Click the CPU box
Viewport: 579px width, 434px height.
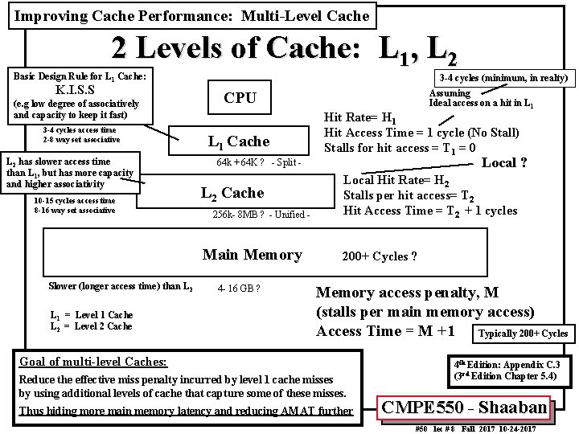click(x=240, y=98)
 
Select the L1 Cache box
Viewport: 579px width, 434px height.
click(x=239, y=142)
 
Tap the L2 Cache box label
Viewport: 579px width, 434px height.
click(x=232, y=193)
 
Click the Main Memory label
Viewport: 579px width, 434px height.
click(x=252, y=255)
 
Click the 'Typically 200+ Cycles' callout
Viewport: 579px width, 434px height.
click(x=523, y=334)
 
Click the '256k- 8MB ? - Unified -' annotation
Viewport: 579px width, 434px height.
click(x=261, y=215)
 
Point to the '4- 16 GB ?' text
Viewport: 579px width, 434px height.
click(x=239, y=288)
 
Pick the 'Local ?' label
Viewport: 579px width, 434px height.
click(x=504, y=162)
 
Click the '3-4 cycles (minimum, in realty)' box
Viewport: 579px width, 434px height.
click(x=503, y=78)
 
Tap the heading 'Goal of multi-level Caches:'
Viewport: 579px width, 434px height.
click(x=92, y=362)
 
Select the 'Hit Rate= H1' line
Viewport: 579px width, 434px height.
click(x=359, y=117)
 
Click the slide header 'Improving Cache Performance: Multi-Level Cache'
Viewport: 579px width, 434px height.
click(x=192, y=15)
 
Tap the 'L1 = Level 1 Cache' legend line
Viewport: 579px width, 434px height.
click(x=91, y=314)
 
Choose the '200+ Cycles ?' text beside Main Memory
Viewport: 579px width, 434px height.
click(x=379, y=256)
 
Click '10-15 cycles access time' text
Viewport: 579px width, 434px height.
click(x=75, y=201)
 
